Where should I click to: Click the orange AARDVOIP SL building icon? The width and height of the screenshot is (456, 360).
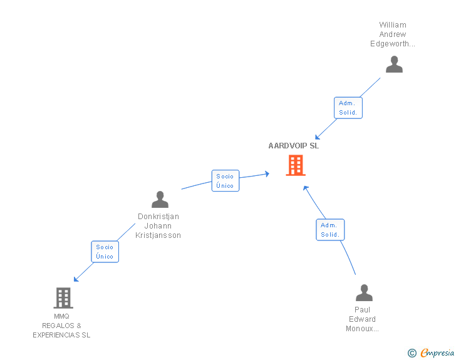click(x=296, y=165)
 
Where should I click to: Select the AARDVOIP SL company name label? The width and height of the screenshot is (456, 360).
click(x=294, y=146)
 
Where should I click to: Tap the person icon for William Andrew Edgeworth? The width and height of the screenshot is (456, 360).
click(x=393, y=64)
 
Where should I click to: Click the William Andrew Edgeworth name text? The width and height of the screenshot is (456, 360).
click(x=393, y=34)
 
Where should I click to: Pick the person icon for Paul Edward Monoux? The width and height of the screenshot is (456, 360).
click(x=363, y=293)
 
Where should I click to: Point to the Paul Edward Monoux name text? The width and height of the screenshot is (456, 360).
click(x=362, y=319)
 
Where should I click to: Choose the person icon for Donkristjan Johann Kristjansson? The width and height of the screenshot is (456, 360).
click(x=160, y=200)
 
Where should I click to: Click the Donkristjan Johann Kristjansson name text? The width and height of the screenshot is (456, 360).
click(x=158, y=226)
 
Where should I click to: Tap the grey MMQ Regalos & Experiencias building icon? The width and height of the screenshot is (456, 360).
click(x=63, y=298)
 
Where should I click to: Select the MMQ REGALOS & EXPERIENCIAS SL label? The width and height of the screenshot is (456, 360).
click(x=61, y=326)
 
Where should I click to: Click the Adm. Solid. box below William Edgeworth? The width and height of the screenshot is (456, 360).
click(x=348, y=108)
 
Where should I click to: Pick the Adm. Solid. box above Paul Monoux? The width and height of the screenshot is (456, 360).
click(x=330, y=230)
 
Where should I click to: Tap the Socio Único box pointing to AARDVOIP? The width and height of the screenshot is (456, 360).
click(x=225, y=181)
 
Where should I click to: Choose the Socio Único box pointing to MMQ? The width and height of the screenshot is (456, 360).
click(x=105, y=252)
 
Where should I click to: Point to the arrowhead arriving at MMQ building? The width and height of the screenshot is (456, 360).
click(x=76, y=279)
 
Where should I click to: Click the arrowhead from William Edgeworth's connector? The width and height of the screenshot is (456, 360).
click(x=317, y=138)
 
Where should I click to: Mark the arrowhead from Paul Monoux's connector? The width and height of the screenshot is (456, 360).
click(x=306, y=187)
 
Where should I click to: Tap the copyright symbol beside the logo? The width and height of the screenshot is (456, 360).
click(x=412, y=354)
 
